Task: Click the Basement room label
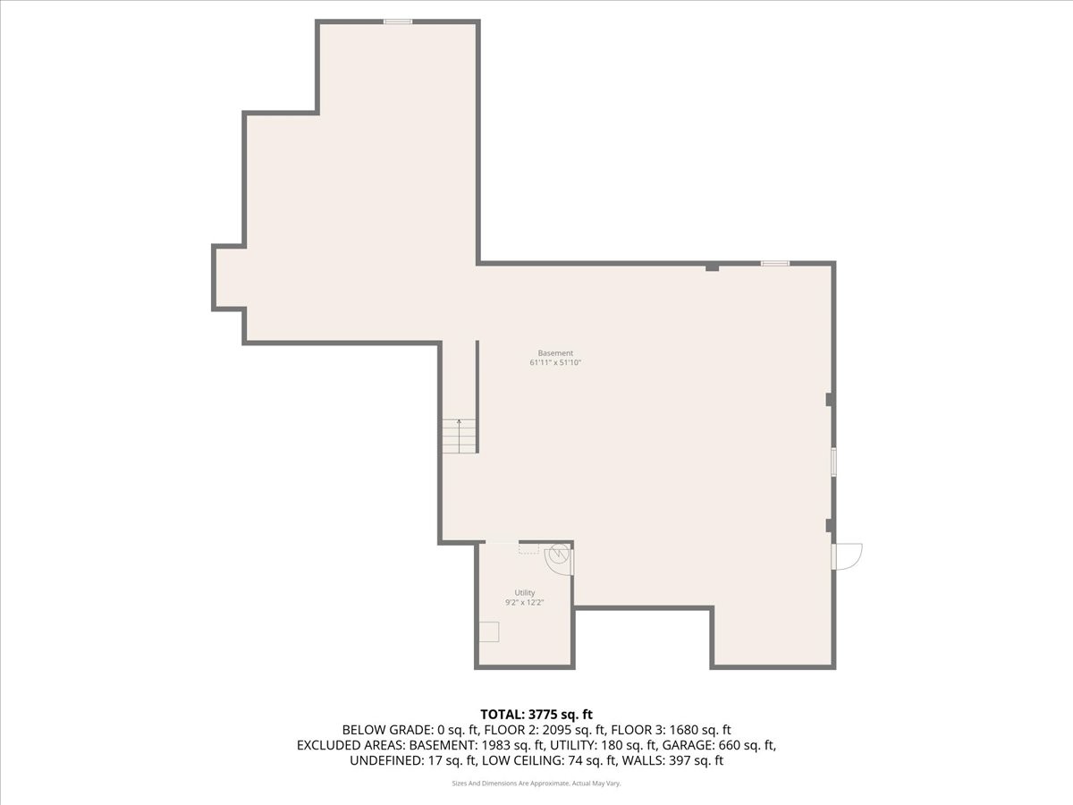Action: point(555,353)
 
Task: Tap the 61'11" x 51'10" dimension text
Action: point(555,363)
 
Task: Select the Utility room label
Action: point(524,593)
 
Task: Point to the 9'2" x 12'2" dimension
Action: point(524,603)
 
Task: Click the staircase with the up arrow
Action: point(459,436)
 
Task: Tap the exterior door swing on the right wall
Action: point(847,556)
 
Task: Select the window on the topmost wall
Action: point(398,21)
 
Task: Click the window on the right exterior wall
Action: point(833,462)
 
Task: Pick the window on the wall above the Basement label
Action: point(775,263)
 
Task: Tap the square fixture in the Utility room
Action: point(488,631)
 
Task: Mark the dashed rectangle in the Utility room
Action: point(528,550)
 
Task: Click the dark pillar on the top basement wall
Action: point(712,267)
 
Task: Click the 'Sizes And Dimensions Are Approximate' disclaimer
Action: point(510,784)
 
